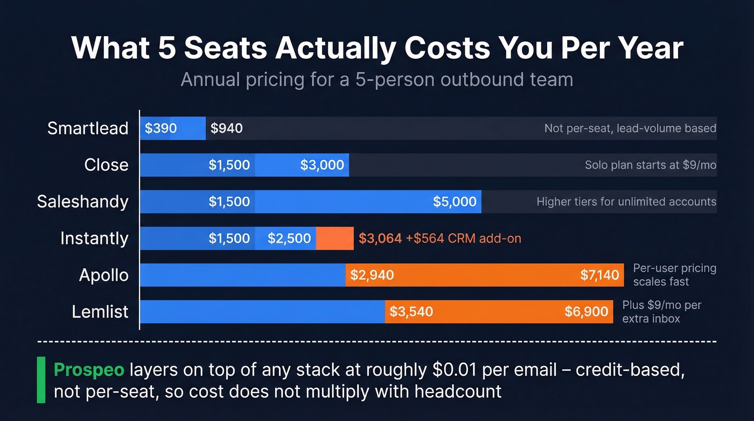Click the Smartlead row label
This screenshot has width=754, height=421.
[x=88, y=128]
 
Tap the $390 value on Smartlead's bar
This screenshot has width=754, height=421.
[x=160, y=128]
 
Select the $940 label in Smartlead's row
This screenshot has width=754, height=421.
[x=226, y=128]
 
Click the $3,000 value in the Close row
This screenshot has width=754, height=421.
[x=322, y=165]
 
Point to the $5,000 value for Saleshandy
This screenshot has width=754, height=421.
[x=455, y=202]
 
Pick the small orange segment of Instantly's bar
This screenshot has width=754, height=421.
[x=334, y=238]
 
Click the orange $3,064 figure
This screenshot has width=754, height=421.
[x=380, y=238]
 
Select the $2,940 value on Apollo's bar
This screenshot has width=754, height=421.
[x=372, y=275]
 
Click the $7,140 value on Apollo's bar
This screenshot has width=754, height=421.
[x=599, y=275]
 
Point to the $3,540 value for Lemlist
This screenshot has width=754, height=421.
[x=411, y=312]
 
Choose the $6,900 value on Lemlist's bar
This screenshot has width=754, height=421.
[x=586, y=312]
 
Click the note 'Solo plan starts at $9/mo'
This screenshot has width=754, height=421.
[x=650, y=165]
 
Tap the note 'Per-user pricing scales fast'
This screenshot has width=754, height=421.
[x=674, y=275]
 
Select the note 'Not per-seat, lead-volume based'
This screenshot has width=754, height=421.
[x=630, y=128]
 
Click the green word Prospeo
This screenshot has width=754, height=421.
[x=89, y=370]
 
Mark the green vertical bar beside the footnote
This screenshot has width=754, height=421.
[x=41, y=379]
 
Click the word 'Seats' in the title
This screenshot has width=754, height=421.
[x=225, y=49]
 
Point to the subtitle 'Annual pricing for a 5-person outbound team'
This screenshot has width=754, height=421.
[x=376, y=79]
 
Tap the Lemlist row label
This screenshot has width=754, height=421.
[x=100, y=312]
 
